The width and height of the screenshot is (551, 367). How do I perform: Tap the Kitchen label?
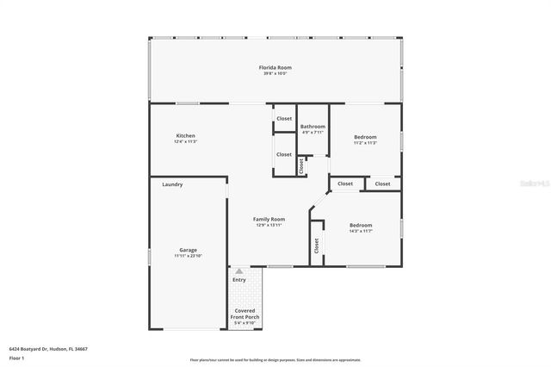click(185, 136)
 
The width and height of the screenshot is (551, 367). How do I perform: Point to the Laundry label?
click(172, 184)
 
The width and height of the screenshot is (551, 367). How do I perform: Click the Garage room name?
click(188, 250)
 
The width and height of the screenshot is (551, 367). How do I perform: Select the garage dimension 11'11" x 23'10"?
click(188, 256)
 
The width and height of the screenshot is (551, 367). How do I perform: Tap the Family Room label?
click(269, 219)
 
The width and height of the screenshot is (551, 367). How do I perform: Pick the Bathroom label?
click(313, 127)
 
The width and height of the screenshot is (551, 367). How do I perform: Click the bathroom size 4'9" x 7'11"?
click(313, 133)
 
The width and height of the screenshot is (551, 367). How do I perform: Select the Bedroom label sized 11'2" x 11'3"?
click(365, 137)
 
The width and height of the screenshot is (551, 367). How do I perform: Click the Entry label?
click(239, 279)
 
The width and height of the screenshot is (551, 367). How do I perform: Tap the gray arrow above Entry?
click(239, 271)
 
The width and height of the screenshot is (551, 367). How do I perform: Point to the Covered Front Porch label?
click(245, 313)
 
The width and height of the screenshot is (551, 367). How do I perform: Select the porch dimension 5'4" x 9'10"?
click(245, 323)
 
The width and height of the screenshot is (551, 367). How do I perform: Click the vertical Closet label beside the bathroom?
click(301, 165)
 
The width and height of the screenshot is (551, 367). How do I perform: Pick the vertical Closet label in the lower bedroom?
click(317, 245)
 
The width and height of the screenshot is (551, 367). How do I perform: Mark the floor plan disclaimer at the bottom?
click(275, 360)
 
